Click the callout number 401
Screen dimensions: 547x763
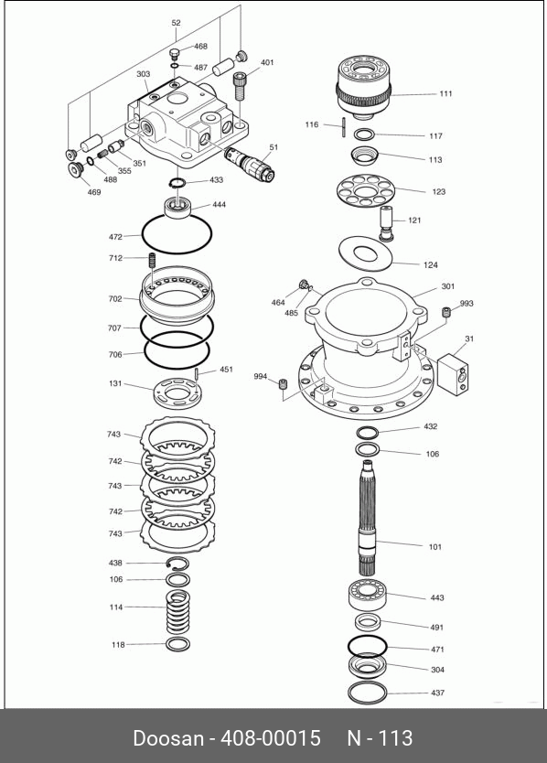267,62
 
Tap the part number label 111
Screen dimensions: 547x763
445,93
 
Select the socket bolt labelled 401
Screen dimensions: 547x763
240,86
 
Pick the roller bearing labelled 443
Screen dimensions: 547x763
368,594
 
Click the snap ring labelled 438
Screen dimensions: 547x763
178,563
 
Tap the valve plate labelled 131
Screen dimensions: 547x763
177,393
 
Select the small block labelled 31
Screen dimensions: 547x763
453,372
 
